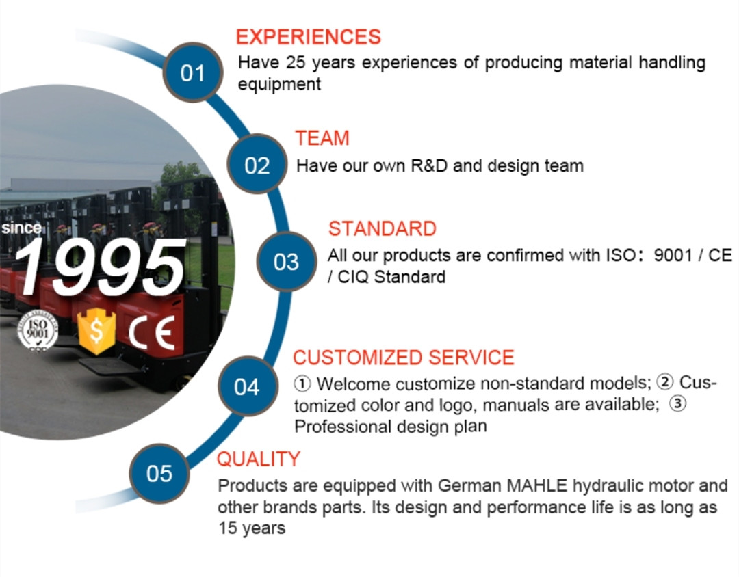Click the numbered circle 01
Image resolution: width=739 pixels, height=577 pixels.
(193, 72)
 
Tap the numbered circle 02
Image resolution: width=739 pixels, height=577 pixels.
(257, 164)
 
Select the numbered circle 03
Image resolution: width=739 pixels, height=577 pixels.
(286, 261)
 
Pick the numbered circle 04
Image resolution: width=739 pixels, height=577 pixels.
(247, 386)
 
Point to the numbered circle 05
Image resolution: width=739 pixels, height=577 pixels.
(159, 473)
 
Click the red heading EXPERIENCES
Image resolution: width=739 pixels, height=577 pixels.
(308, 37)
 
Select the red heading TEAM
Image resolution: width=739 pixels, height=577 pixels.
(322, 138)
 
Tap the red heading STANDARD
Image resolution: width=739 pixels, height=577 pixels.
(383, 228)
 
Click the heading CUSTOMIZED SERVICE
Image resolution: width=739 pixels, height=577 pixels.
(404, 358)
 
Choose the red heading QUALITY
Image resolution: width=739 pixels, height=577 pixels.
(258, 459)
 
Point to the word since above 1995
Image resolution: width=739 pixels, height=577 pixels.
(21, 228)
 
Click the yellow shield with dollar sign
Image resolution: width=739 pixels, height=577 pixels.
(96, 331)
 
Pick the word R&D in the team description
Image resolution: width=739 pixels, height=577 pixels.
(429, 166)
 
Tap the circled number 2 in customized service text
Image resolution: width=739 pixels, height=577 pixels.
(665, 381)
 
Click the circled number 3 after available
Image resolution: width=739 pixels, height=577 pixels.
(677, 403)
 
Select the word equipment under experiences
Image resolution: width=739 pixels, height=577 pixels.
(279, 85)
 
